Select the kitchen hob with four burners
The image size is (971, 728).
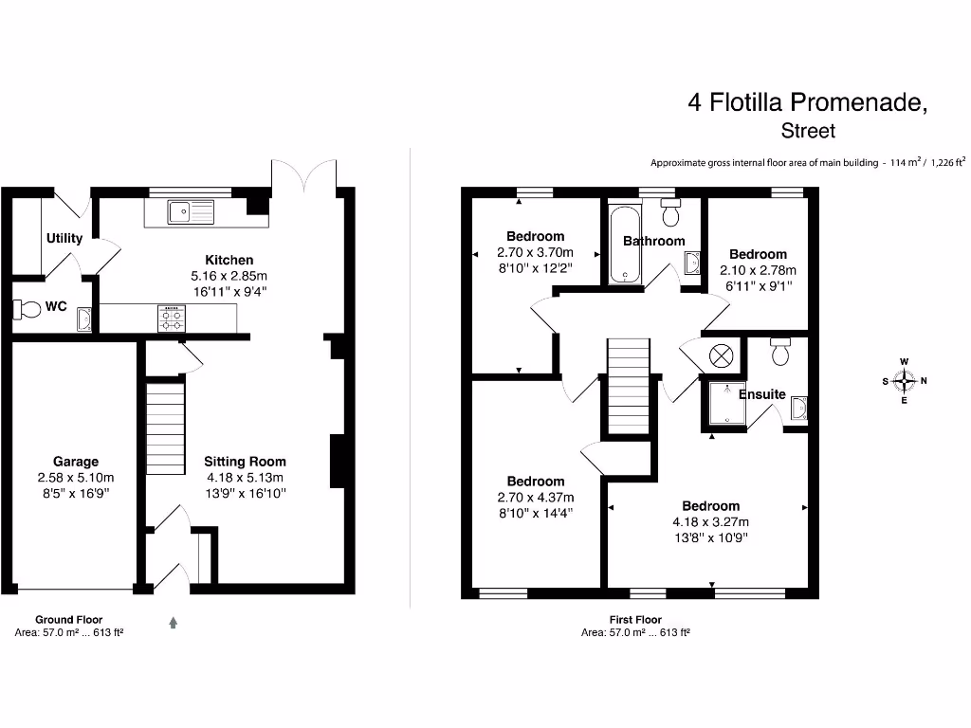click(x=172, y=318)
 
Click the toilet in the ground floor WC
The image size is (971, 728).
click(x=26, y=309)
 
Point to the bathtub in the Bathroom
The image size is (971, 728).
click(x=624, y=243)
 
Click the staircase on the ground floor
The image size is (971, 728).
click(x=164, y=428)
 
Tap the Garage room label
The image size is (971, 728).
click(x=75, y=463)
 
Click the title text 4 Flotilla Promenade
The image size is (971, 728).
click(x=807, y=102)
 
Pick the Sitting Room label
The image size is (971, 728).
click(x=244, y=463)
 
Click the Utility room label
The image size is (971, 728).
click(x=64, y=238)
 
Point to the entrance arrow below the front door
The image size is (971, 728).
click(x=174, y=623)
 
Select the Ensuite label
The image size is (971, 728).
click(x=762, y=393)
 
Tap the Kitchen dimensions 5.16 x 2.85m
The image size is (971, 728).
click(x=229, y=276)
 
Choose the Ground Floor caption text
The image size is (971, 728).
click(x=68, y=619)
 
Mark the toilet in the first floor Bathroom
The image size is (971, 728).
click(x=671, y=213)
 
